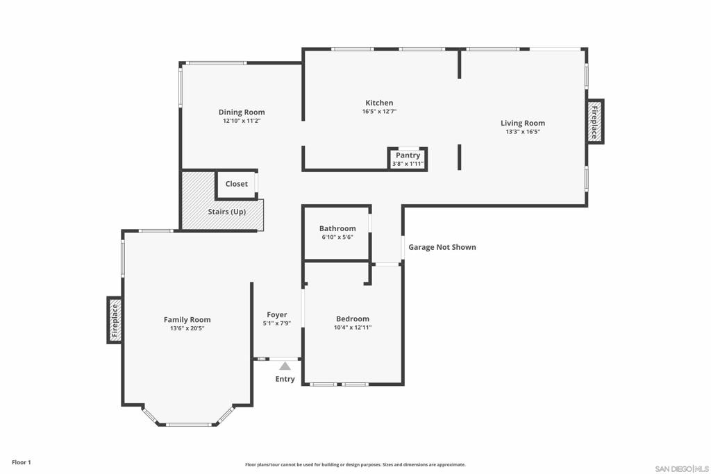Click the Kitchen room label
[379, 103]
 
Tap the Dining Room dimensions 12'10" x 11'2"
[241, 121]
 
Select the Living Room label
[523, 124]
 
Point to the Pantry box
[408, 159]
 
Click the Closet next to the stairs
[236, 184]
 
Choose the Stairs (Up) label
[227, 212]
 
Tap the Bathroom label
[337, 228]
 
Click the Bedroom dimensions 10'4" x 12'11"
[353, 328]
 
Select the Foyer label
[276, 314]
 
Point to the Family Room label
[187, 320]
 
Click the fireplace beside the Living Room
[595, 122]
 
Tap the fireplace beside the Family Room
[115, 320]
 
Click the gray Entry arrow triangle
[285, 366]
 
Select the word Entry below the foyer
[285, 379]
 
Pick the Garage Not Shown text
[442, 247]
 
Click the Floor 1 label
[22, 462]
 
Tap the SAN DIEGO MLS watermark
[682, 468]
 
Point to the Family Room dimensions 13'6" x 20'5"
[187, 328]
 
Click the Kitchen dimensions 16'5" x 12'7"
[379, 111]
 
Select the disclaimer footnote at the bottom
[355, 465]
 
